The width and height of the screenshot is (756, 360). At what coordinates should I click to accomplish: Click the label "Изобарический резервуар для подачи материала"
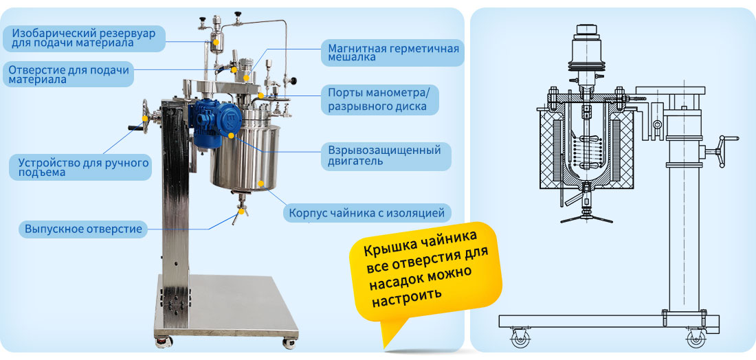[84, 38]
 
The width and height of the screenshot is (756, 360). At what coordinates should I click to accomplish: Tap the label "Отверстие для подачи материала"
[69, 74]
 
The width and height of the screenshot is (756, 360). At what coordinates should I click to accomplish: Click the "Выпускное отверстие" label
[83, 228]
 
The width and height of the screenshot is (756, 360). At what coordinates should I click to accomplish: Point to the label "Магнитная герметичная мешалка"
[393, 53]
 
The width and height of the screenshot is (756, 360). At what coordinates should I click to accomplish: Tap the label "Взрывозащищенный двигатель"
[386, 155]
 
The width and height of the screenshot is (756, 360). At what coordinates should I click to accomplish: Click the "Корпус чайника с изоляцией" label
[368, 212]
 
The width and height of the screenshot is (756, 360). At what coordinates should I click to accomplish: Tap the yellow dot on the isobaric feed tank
[216, 41]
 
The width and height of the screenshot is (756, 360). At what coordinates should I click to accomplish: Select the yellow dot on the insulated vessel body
[261, 183]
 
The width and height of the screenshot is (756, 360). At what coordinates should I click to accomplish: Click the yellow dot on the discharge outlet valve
[239, 211]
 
